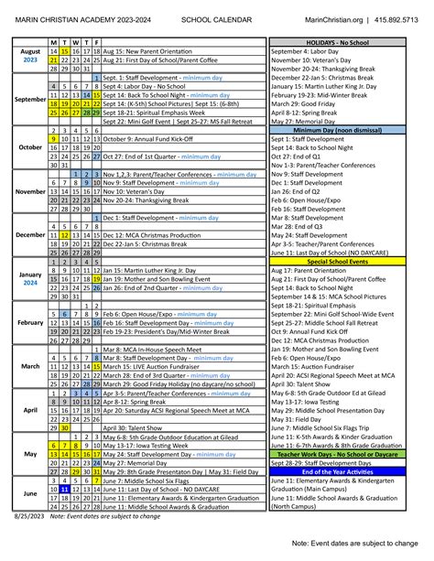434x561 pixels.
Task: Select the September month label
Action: pos(30,99)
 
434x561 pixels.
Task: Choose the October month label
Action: pos(30,146)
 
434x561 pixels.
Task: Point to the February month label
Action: pos(30,322)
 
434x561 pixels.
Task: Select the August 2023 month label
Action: pos(30,55)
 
